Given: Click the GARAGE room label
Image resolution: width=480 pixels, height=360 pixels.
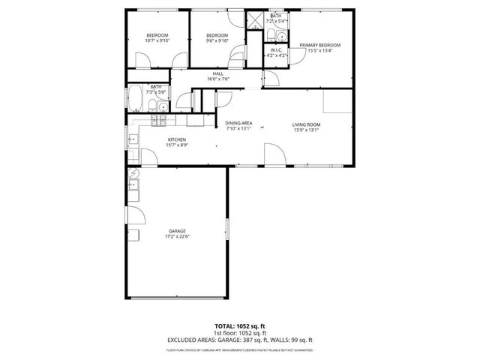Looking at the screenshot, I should [177, 230].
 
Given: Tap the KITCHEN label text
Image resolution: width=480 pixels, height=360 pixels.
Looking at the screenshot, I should [177, 139].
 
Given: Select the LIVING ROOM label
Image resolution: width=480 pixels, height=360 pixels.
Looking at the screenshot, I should [306, 124].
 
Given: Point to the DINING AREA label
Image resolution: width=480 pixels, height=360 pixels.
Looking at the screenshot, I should [238, 124].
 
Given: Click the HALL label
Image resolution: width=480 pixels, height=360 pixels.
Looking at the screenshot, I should [217, 73].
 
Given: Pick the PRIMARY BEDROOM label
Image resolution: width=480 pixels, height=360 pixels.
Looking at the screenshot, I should [320, 45].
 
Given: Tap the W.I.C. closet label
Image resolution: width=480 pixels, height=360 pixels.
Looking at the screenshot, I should [276, 50].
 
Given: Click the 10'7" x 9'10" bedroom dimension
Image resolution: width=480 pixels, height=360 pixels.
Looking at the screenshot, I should [156, 41].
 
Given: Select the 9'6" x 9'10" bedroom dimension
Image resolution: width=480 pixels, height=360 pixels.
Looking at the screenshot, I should [217, 41].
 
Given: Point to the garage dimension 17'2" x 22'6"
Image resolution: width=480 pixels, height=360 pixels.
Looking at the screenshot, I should [177, 236].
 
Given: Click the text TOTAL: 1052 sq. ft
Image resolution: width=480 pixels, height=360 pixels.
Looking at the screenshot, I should [240, 326].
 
